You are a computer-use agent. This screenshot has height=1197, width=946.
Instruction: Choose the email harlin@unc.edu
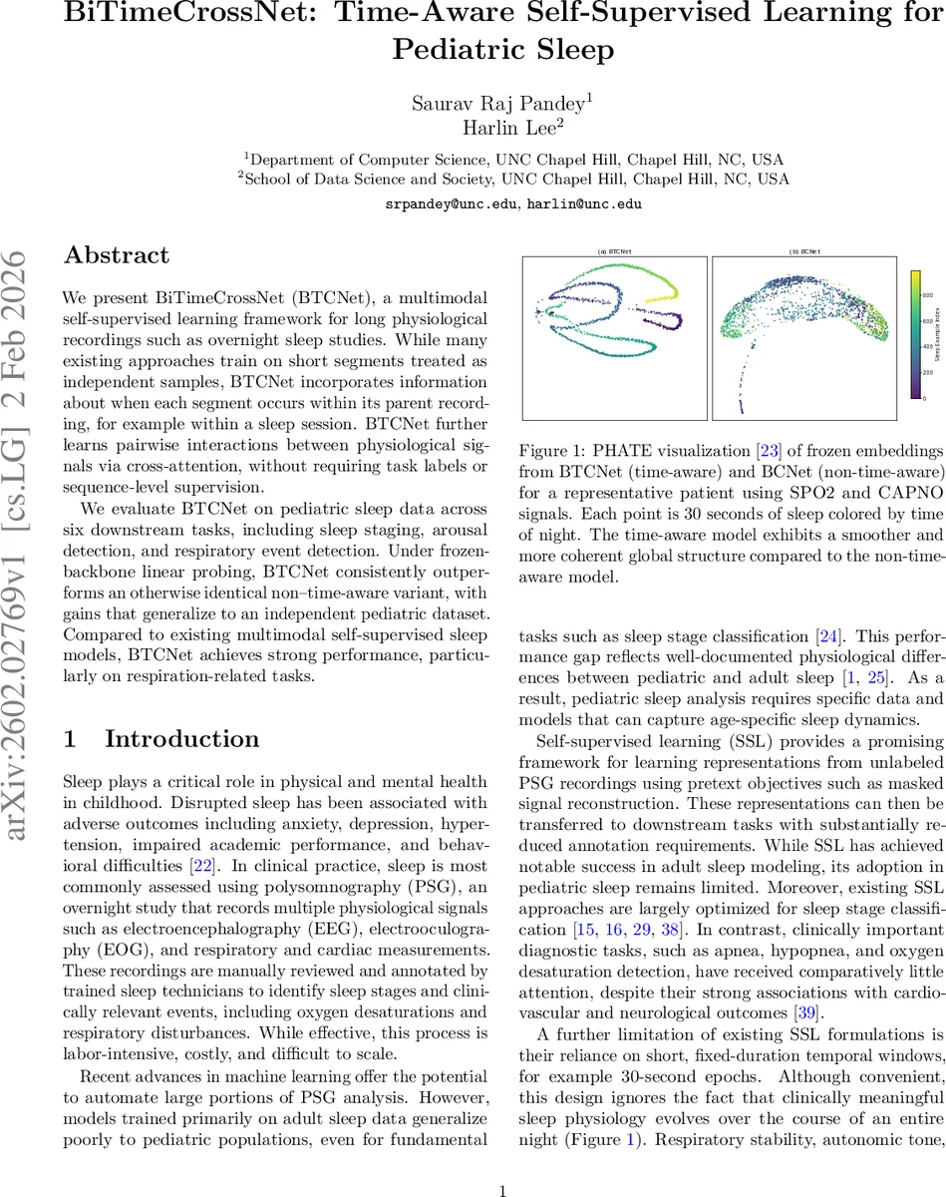(x=587, y=202)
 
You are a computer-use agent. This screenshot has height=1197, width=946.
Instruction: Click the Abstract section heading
(x=117, y=255)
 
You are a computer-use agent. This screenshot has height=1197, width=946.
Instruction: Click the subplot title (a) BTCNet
(x=615, y=252)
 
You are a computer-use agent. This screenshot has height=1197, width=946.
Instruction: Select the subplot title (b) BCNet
(x=804, y=252)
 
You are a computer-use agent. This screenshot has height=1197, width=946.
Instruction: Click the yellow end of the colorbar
(x=916, y=274)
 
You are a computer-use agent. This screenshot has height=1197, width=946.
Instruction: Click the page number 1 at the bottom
(x=503, y=1162)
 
